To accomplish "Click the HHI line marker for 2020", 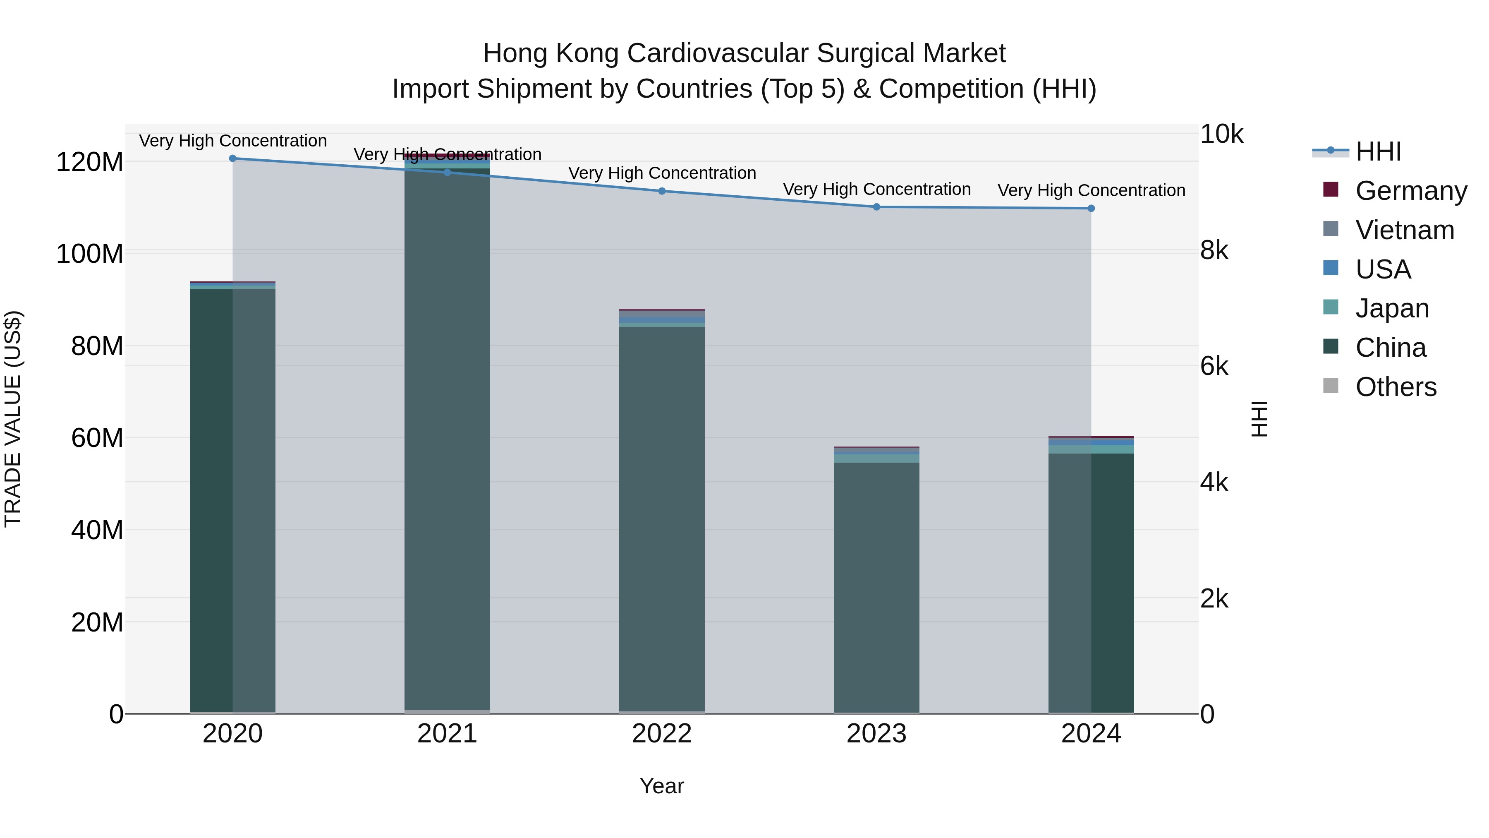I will [x=232, y=158].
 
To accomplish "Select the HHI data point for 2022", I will [x=662, y=191].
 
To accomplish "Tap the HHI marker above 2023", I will [x=876, y=206].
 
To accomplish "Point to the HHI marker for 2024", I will [x=1091, y=208].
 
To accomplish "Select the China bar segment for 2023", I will [x=876, y=587].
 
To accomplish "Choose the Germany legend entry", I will [x=1410, y=191].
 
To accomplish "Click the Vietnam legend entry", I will [x=1404, y=230].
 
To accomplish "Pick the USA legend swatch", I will [x=1331, y=268].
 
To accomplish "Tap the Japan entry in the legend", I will [x=1392, y=308].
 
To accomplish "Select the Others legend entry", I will [x=1396, y=387].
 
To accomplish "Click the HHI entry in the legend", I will [x=1378, y=151].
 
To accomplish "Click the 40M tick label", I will [x=96, y=530].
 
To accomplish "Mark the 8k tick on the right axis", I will [x=1214, y=250].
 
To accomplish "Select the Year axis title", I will [x=662, y=786].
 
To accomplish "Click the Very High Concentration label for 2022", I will [x=662, y=173].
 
